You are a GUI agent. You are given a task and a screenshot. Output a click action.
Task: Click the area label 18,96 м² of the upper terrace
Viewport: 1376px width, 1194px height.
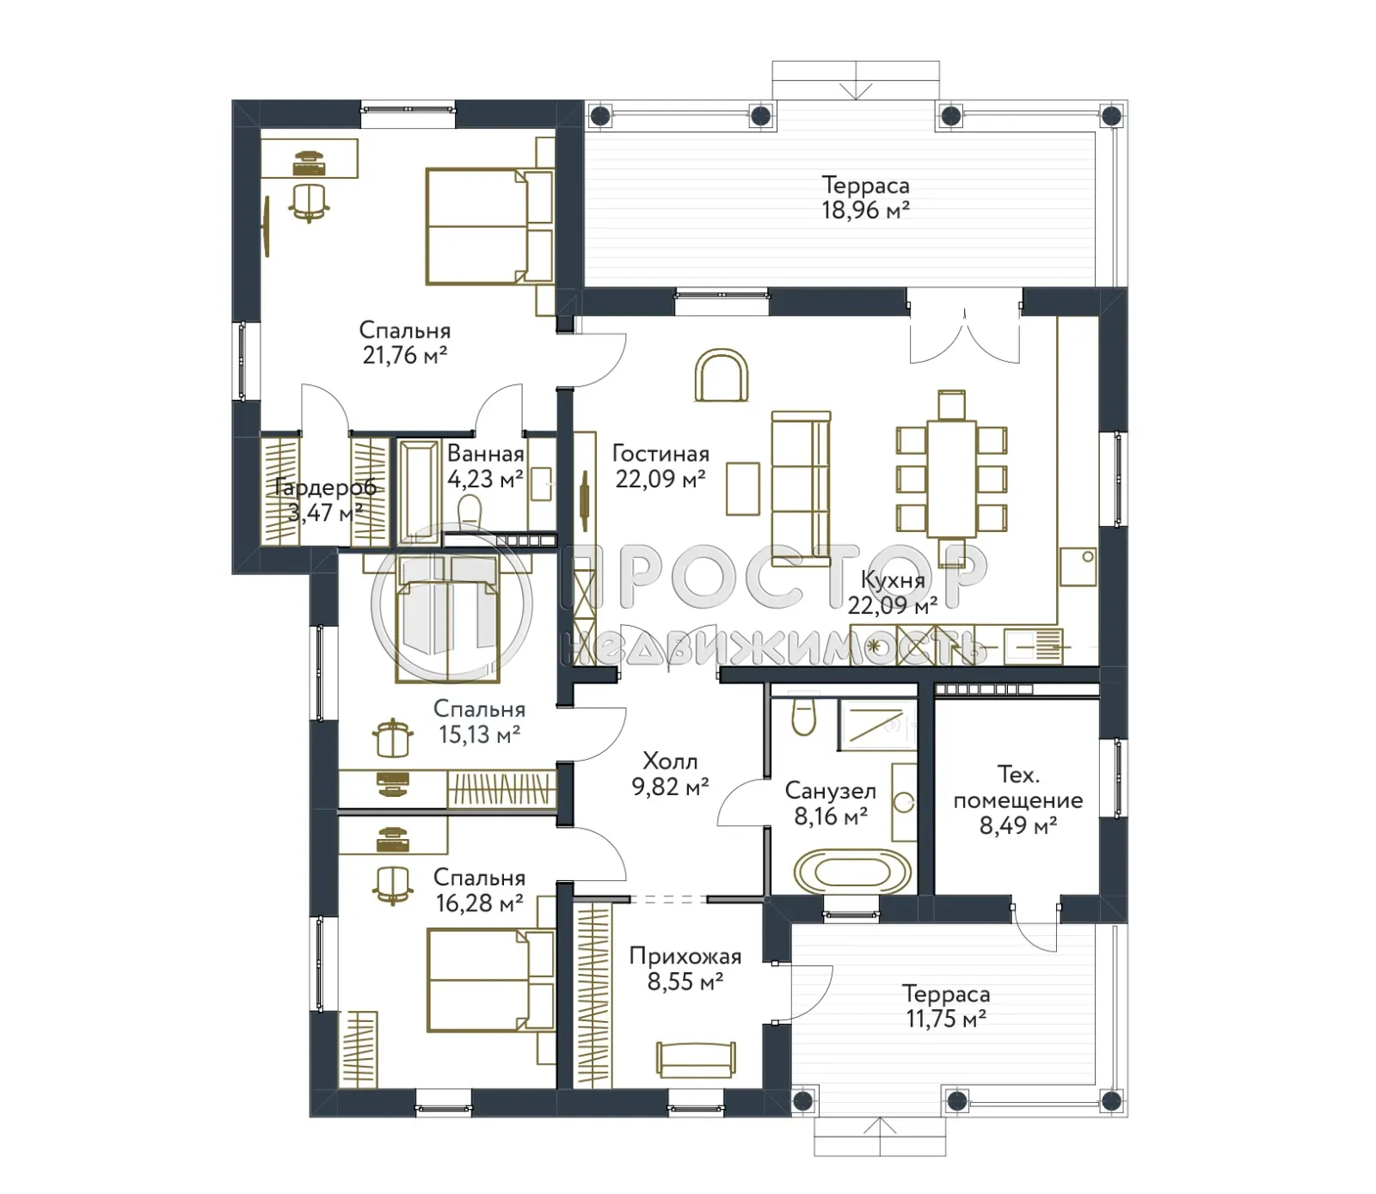[x=865, y=211]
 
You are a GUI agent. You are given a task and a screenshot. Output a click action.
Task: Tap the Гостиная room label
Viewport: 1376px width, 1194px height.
[x=660, y=454]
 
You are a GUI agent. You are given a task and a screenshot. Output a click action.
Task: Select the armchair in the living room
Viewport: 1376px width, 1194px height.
[x=721, y=376]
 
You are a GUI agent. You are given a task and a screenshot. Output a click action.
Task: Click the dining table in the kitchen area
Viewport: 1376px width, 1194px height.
[x=951, y=478]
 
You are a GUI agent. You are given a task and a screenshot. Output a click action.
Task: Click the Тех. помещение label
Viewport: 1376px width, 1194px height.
[x=1017, y=787]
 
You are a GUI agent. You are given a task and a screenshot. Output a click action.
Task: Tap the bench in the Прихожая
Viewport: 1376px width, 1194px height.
[x=696, y=1058]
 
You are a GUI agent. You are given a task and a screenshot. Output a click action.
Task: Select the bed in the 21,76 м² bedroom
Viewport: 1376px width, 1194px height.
[x=488, y=226]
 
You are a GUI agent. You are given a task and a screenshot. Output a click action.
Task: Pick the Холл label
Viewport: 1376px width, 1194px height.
[x=670, y=762]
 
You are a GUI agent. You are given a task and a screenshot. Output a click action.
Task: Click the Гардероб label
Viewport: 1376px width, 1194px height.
[x=325, y=487]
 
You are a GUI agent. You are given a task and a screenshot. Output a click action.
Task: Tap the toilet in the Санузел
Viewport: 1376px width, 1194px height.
[x=803, y=716]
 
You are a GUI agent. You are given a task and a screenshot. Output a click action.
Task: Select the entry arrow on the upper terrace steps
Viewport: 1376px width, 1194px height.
[x=856, y=90]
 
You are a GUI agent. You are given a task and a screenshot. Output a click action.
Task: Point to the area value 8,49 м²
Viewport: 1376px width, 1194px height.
[x=1017, y=826]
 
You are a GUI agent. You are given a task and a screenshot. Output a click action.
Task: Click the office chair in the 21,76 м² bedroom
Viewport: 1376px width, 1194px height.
[x=309, y=202]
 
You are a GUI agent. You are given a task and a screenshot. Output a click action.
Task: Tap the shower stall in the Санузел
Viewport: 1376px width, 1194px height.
[x=877, y=725]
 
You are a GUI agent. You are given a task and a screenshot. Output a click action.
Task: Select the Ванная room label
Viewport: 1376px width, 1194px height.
[x=485, y=454]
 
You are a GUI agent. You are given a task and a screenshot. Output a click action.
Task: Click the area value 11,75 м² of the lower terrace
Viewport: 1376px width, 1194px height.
[x=945, y=1019]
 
